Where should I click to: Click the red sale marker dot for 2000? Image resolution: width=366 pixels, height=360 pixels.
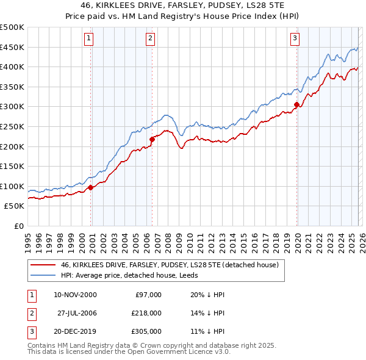click(91, 187)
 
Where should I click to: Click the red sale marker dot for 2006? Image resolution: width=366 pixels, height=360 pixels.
click(152, 140)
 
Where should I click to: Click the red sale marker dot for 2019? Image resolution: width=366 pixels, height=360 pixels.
click(296, 105)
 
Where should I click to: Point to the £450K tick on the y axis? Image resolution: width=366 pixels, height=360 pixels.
click(12, 47)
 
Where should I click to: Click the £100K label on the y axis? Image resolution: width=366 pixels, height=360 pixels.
click(12, 186)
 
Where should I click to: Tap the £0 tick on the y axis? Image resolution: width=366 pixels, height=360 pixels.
click(18, 226)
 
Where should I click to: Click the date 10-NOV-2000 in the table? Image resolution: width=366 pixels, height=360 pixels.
click(75, 295)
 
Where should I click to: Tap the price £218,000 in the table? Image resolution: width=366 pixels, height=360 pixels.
click(146, 313)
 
